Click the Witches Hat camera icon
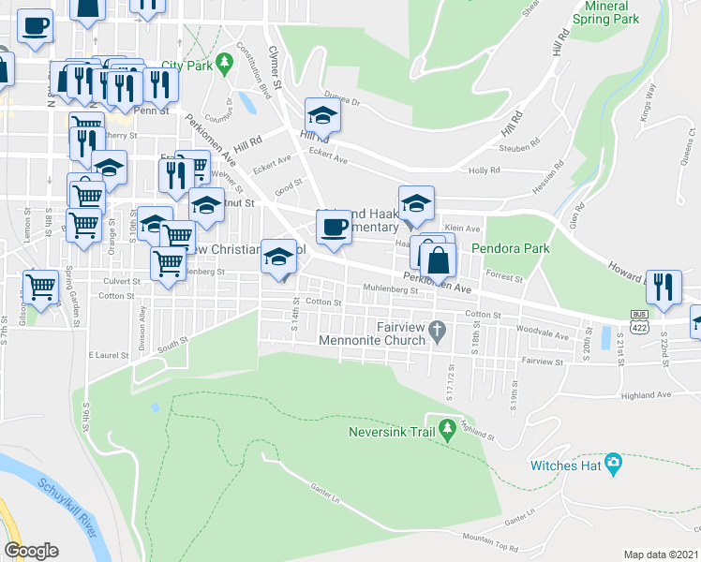point(614,462)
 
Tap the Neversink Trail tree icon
point(448,428)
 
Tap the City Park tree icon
point(223,65)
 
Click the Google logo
point(31,551)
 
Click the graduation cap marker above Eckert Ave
point(322,115)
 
